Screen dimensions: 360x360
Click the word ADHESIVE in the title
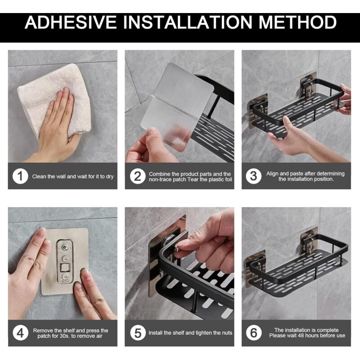point(71,22)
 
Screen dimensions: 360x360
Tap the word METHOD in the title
point(298,22)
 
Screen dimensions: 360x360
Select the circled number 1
point(20,176)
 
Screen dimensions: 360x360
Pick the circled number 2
point(138,176)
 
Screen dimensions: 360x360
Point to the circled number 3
point(253,176)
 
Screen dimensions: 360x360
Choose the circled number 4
point(20,333)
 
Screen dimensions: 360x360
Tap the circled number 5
point(138,333)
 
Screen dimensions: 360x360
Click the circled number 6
point(254,333)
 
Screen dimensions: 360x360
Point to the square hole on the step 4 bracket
point(65,267)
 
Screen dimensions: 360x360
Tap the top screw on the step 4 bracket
point(65,247)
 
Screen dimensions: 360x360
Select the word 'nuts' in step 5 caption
point(227,333)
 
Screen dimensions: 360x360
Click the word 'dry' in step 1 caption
point(110,176)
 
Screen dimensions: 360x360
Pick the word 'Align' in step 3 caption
point(272,174)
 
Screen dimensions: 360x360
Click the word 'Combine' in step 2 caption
point(159,174)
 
